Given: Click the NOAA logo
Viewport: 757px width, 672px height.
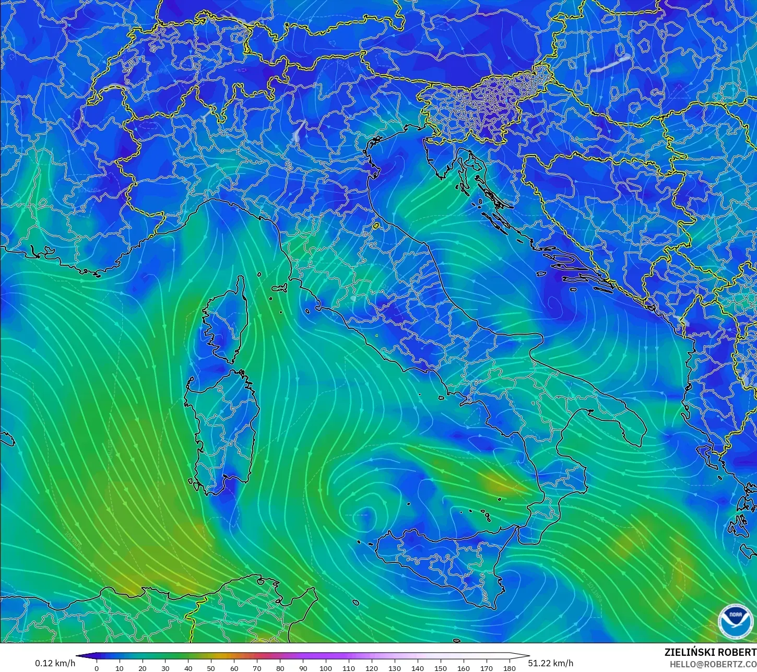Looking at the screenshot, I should pyautogui.click(x=735, y=620).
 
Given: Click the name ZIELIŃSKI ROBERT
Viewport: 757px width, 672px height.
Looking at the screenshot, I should pyautogui.click(x=710, y=652).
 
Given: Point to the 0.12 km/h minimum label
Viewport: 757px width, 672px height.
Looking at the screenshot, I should pyautogui.click(x=55, y=663).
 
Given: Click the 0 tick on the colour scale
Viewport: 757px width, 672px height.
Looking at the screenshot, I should pyautogui.click(x=97, y=668).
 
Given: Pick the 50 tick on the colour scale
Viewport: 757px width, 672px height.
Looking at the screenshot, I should pyautogui.click(x=211, y=668).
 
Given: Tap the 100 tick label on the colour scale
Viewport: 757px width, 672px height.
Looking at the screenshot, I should pyautogui.click(x=326, y=668).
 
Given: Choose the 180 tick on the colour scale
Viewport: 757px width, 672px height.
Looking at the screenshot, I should pyautogui.click(x=509, y=668).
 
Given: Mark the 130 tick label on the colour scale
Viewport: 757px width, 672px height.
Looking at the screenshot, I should pyautogui.click(x=395, y=668).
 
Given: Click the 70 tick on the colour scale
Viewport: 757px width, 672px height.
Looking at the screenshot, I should pyautogui.click(x=257, y=668).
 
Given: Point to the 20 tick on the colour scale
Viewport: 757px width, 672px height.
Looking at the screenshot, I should pyautogui.click(x=142, y=668).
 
